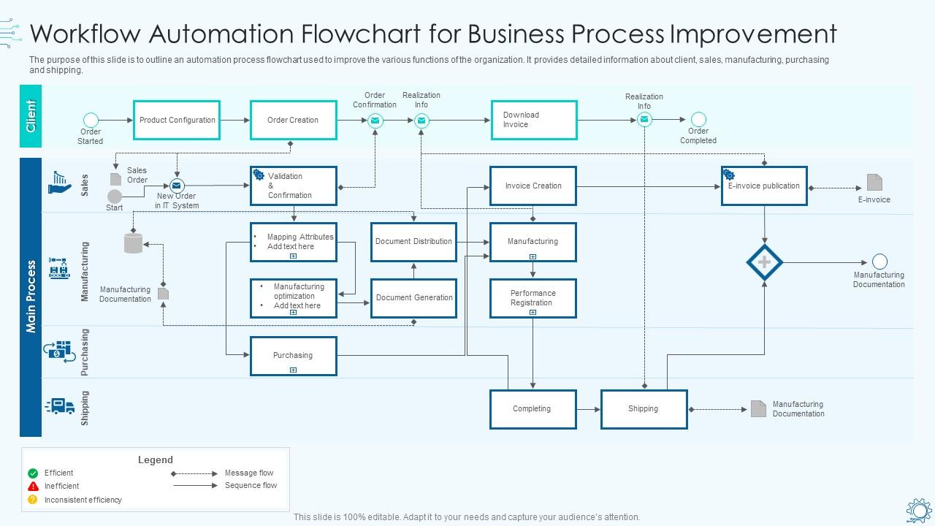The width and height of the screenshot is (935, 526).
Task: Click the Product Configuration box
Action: tap(177, 120)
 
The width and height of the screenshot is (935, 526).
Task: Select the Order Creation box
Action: tap(293, 120)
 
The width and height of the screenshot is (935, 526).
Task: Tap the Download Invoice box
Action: tap(534, 120)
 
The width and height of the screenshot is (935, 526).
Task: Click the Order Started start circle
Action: tap(91, 120)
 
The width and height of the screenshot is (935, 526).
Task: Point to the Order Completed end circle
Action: tap(698, 119)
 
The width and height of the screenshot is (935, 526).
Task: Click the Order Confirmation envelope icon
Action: tap(375, 121)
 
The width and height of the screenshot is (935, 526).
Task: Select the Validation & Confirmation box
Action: tap(293, 186)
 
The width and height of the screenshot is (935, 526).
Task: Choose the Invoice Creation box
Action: tap(533, 186)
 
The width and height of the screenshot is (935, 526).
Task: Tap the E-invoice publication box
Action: tap(764, 186)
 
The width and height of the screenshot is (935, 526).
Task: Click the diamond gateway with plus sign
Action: tap(764, 262)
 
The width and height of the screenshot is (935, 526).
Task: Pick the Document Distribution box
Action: tap(413, 242)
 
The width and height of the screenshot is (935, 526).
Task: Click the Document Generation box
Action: tap(413, 298)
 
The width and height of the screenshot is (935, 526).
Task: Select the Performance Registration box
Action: tap(533, 298)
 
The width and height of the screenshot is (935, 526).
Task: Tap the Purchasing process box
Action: tap(293, 356)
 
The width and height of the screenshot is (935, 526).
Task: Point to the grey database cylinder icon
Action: tap(133, 243)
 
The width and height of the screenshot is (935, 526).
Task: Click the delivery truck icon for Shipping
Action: tap(60, 406)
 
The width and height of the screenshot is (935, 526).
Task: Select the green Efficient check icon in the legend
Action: tap(33, 473)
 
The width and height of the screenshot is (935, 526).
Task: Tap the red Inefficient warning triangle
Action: tap(33, 487)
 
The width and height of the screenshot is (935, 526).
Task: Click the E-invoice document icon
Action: tap(874, 182)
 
